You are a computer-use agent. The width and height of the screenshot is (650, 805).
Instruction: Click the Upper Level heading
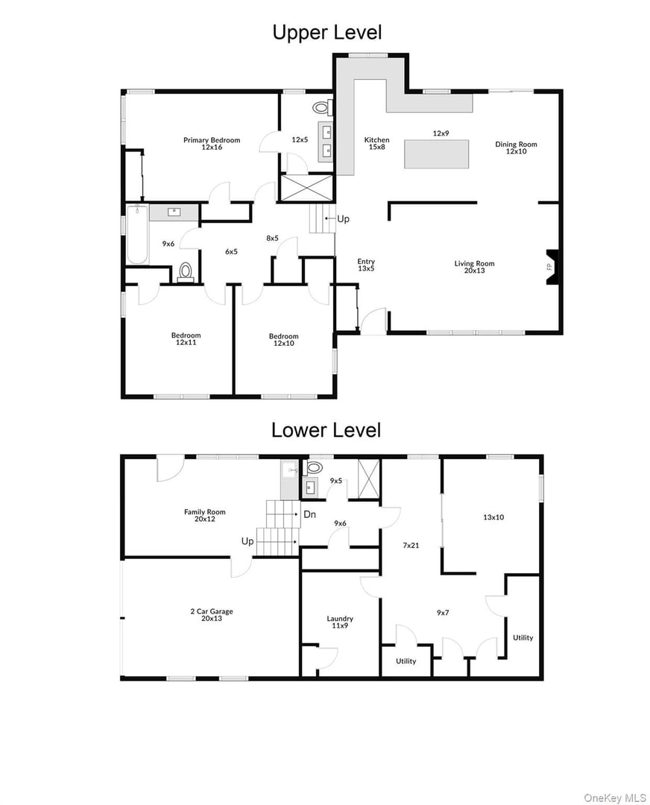pos(326,33)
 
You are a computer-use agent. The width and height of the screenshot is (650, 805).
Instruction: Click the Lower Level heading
pos(326,430)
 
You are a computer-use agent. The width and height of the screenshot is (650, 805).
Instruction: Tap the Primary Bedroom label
pos(212,143)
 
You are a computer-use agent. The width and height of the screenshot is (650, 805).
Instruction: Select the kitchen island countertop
pos(436,154)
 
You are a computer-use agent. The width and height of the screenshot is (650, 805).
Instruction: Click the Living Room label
pos(474,267)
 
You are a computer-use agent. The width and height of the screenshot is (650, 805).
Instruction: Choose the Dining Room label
pos(516,148)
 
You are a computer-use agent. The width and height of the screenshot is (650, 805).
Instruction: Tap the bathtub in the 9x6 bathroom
pos(137,234)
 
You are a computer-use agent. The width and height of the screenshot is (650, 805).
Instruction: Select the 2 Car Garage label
pos(211,615)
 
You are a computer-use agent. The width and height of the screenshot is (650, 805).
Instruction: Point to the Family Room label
pos(204,515)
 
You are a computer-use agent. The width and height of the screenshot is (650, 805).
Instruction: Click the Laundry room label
pos(340,622)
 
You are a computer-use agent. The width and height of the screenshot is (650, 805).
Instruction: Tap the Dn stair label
pos(309,514)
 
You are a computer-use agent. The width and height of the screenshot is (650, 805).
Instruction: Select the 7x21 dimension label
pos(411,545)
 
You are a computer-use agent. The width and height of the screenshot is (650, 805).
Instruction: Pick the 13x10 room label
pos(494,516)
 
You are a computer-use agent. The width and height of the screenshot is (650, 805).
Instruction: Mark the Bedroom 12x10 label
pos(283,339)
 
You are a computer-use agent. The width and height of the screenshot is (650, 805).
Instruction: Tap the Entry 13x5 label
pos(366,265)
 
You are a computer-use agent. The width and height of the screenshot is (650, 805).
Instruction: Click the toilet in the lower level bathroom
pos(314,467)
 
